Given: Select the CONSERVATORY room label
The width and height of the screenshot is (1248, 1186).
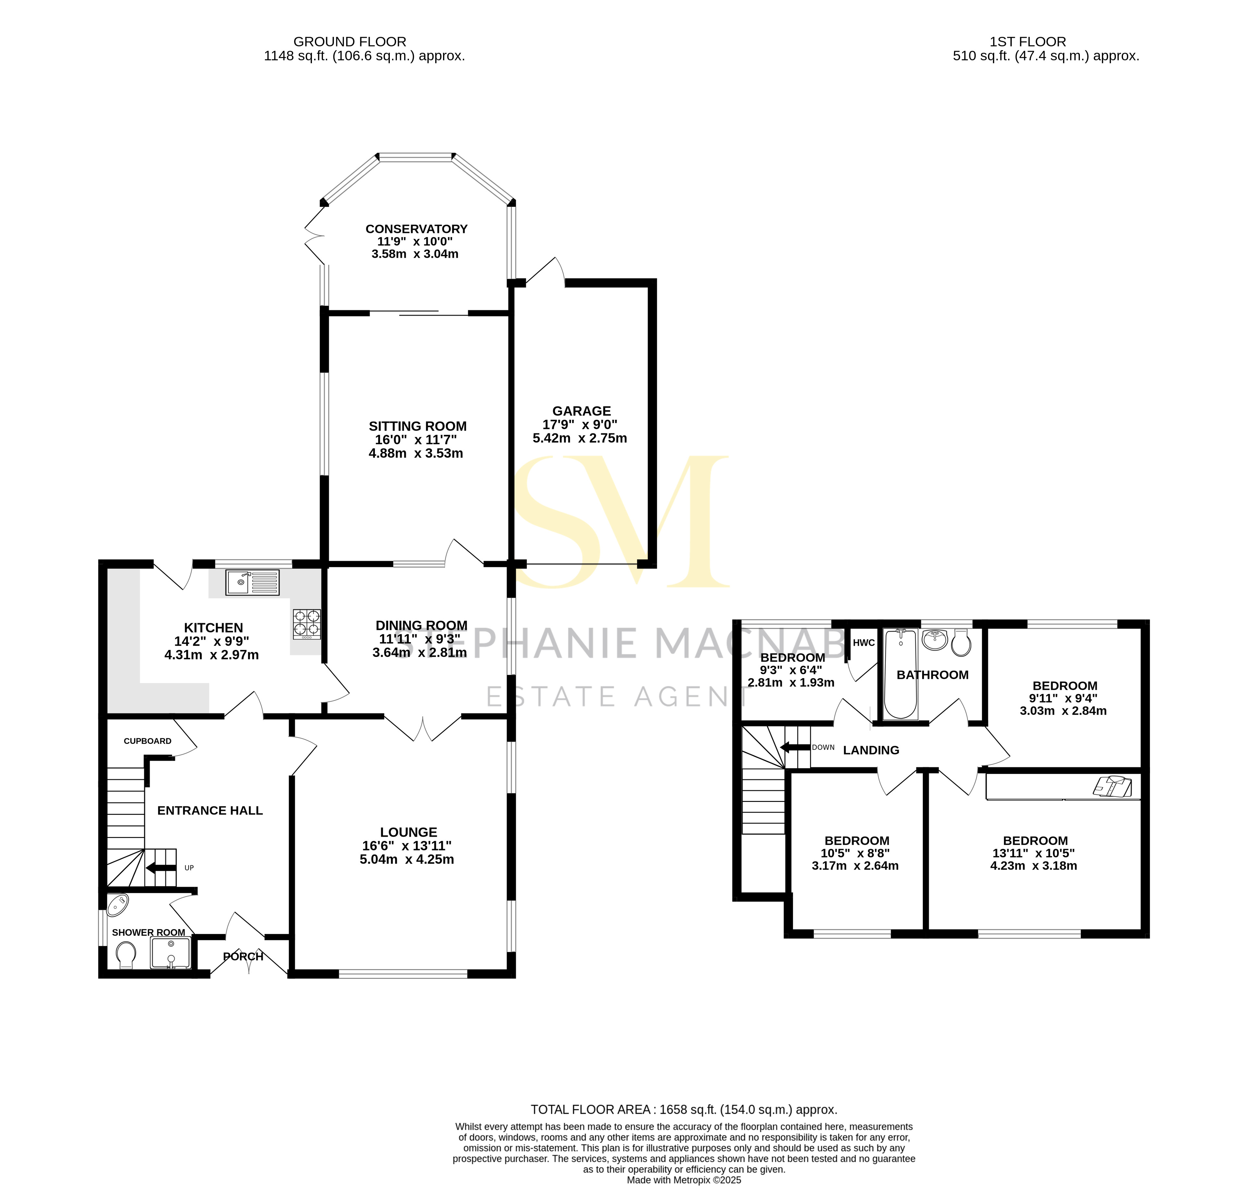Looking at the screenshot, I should point(416,229).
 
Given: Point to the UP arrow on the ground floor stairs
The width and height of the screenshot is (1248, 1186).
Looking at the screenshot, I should point(161,868).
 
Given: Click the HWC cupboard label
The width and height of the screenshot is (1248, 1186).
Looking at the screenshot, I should point(863,643).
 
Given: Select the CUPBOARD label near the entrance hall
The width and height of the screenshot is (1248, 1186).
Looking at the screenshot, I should point(147,741).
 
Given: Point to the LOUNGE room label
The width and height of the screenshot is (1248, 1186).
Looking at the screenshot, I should point(408,832).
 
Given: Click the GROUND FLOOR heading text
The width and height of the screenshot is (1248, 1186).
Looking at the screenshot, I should point(350,42).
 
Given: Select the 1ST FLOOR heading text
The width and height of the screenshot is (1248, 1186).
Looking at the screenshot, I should point(1028,42).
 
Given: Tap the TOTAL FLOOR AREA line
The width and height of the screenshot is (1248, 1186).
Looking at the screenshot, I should point(684,1109).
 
